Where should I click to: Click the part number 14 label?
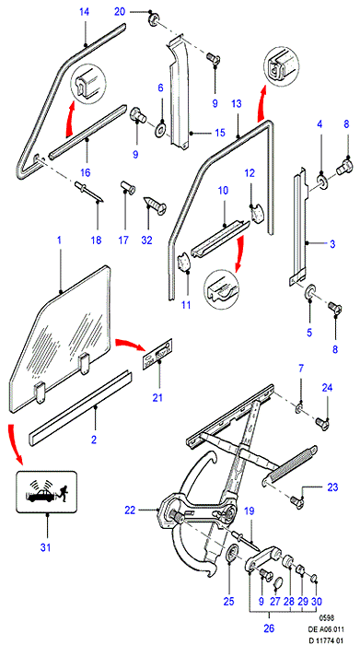[84, 12]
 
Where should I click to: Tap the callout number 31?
[45, 547]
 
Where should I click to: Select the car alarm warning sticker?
[46, 492]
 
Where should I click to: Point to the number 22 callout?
[130, 510]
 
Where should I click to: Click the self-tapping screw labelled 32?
[155, 205]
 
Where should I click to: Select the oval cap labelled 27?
[279, 583]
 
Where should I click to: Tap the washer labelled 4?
[321, 182]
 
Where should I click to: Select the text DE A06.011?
[328, 629]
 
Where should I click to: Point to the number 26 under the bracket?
[269, 628]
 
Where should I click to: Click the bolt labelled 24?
[321, 424]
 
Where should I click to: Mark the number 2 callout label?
[94, 440]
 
